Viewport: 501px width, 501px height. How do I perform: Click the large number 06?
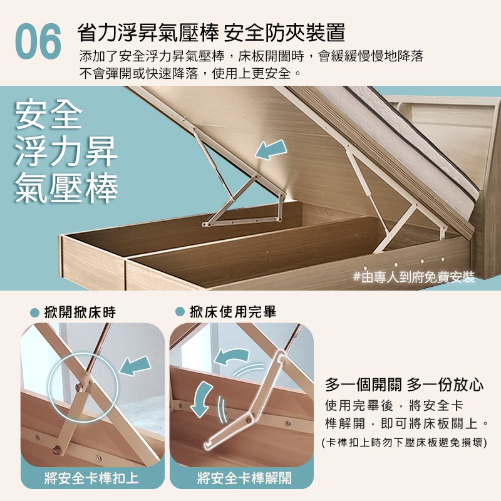(38, 41)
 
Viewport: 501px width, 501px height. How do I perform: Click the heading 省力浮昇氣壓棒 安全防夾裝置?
(211, 33)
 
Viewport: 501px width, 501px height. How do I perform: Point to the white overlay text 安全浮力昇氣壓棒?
(66, 152)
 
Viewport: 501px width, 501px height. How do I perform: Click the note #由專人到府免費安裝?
(414, 277)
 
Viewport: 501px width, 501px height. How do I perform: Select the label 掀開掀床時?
(80, 312)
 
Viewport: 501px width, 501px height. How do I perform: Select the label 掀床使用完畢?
(233, 312)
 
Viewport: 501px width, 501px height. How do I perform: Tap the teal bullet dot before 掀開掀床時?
(34, 312)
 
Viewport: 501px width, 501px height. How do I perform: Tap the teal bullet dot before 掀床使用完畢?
(180, 312)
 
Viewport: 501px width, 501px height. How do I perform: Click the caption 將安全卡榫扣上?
(91, 478)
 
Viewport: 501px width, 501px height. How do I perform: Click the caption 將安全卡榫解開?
(244, 478)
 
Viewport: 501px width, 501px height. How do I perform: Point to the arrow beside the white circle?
(135, 366)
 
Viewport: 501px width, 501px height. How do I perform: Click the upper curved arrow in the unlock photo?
(231, 356)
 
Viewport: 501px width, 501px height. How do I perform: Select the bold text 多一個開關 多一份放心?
(404, 385)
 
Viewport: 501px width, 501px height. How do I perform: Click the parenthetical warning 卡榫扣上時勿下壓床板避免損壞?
(404, 443)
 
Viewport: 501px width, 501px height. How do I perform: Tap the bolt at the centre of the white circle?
(80, 388)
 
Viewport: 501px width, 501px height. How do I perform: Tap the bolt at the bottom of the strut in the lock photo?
(57, 450)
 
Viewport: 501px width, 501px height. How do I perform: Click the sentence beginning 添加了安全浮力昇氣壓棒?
(251, 56)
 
